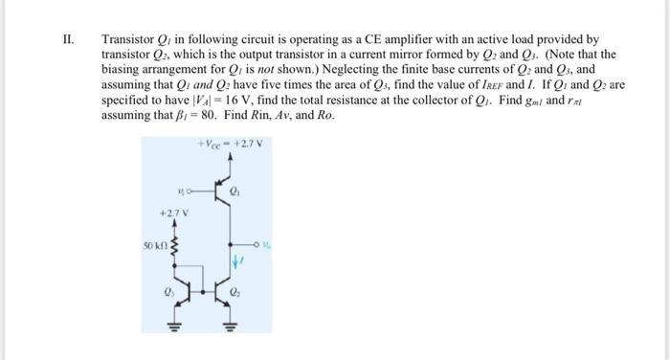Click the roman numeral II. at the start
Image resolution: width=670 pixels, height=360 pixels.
point(67,40)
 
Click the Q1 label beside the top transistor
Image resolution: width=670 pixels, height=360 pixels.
point(248,190)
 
